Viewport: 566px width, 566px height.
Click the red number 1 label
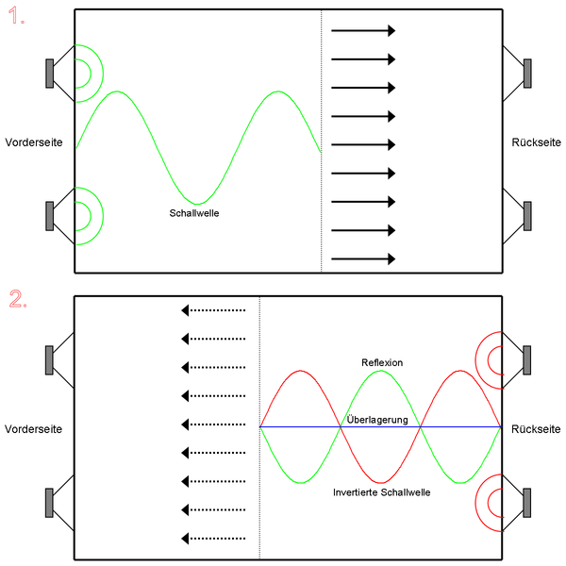pos(16,16)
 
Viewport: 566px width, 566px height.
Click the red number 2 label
pos(18,299)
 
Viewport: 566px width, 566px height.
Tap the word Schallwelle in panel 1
pos(194,213)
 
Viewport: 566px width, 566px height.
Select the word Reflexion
pos(382,362)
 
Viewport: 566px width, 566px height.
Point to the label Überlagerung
pos(377,420)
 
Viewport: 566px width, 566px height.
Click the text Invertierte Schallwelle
pos(381,492)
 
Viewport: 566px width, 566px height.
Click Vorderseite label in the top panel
pos(34,142)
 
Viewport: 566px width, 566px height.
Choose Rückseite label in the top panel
pos(537,142)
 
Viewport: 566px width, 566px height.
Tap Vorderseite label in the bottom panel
pos(33,429)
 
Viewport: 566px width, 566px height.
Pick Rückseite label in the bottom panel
pos(536,429)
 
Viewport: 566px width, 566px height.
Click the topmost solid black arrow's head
pos(391,31)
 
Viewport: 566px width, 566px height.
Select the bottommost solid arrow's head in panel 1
pos(391,258)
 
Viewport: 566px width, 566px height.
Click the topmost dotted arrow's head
pos(185,310)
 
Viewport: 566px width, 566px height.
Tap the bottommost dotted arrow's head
pos(185,539)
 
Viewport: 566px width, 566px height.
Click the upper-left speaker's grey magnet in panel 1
pos(50,74)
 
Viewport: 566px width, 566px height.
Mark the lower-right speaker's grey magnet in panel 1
pos(527,216)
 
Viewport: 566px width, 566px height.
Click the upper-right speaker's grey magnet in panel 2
pos(527,360)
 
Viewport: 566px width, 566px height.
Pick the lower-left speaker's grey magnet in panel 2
pos(49,503)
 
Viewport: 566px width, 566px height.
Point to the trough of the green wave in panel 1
pos(197,204)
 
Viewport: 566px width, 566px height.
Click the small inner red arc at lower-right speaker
pos(488,503)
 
